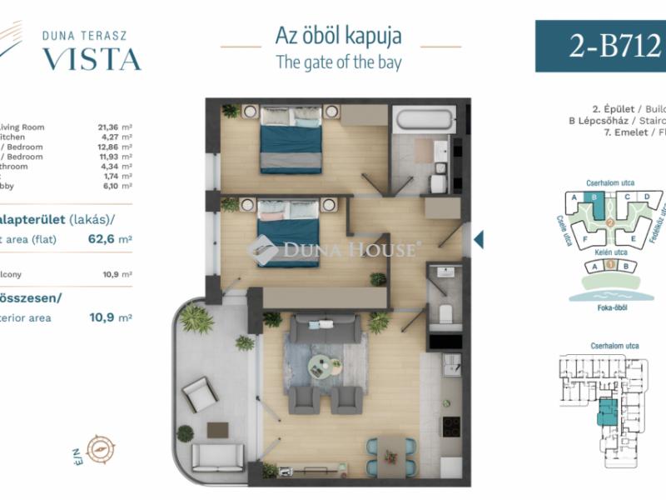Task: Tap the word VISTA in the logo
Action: pyautogui.click(x=92, y=59)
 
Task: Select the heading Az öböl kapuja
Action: pyautogui.click(x=338, y=36)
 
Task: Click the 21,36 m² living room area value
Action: pyautogui.click(x=115, y=127)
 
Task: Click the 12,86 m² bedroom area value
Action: pyautogui.click(x=115, y=146)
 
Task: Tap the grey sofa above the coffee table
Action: pyautogui.click(x=325, y=328)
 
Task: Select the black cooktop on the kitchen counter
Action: pyautogui.click(x=450, y=426)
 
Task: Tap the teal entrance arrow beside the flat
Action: pyautogui.click(x=478, y=242)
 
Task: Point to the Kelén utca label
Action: pyautogui.click(x=609, y=251)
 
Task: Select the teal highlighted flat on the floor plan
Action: pyautogui.click(x=609, y=412)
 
